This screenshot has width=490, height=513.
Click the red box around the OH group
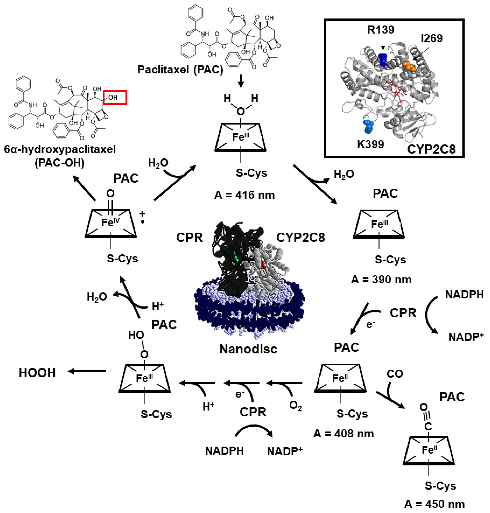coord(115,97)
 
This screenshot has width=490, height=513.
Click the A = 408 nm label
coord(343,434)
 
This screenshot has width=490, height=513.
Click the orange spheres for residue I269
coord(409,66)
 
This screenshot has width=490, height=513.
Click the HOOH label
coord(37,373)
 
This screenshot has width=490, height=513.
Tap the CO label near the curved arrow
coord(395,374)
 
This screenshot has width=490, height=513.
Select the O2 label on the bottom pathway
coord(295,406)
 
